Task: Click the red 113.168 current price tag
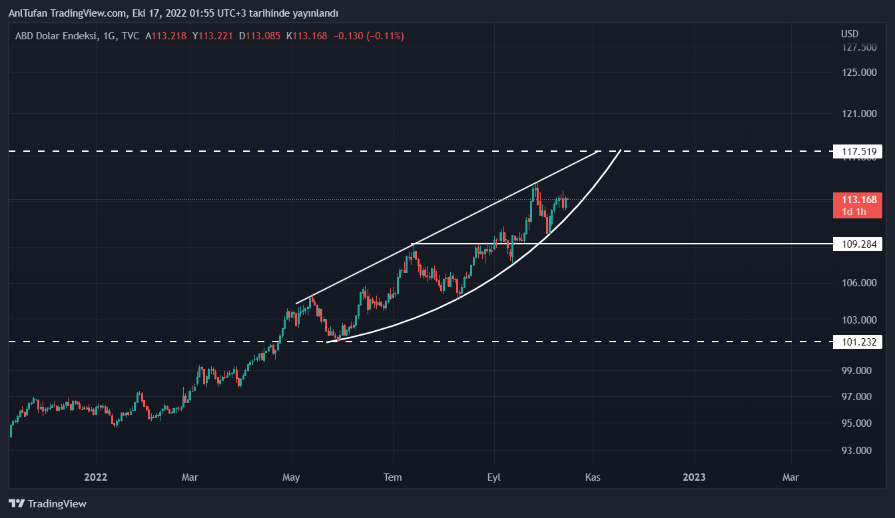pyautogui.click(x=858, y=200)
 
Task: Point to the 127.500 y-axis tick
pyautogui.click(x=859, y=47)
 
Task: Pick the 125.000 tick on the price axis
pyautogui.click(x=859, y=72)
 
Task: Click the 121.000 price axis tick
pyautogui.click(x=859, y=114)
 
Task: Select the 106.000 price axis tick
pyautogui.click(x=859, y=283)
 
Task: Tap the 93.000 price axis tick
pyautogui.click(x=859, y=451)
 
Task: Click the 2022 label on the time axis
pyautogui.click(x=96, y=477)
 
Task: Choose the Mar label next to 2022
pyautogui.click(x=190, y=477)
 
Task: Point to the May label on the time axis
pyautogui.click(x=292, y=477)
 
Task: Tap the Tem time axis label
pyautogui.click(x=394, y=477)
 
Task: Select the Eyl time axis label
pyautogui.click(x=494, y=477)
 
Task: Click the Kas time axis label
pyautogui.click(x=593, y=477)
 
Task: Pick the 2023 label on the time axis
pyautogui.click(x=694, y=477)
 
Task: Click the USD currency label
pyautogui.click(x=850, y=34)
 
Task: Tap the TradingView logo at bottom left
pyautogui.click(x=47, y=504)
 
